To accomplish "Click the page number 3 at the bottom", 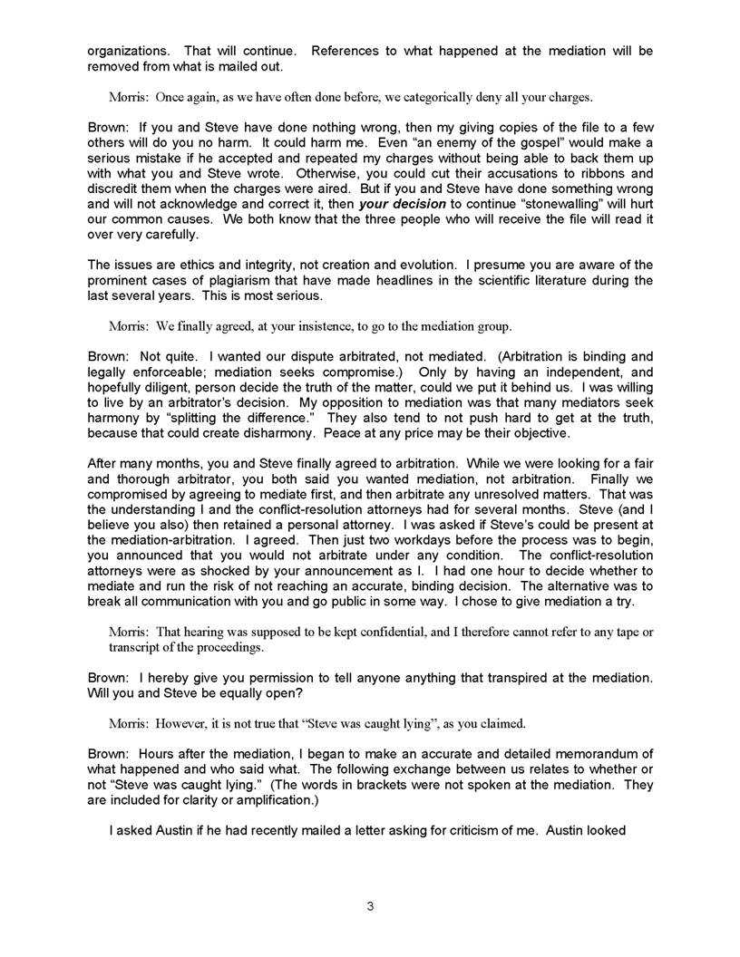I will click(x=370, y=906).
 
